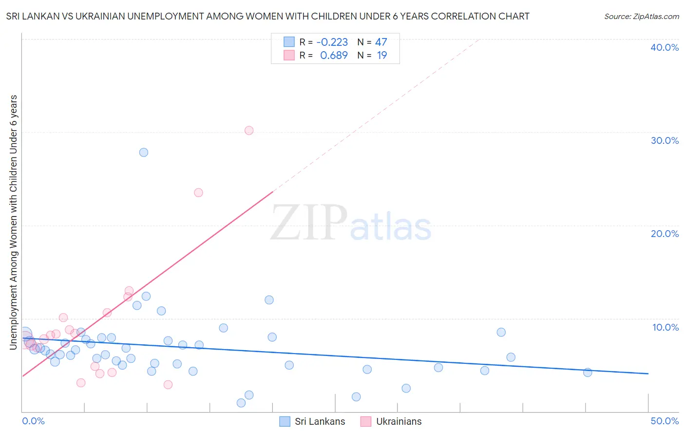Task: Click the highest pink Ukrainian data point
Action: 249,130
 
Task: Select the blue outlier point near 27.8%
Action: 144,152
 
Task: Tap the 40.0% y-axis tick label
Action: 665,47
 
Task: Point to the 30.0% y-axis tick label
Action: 665,140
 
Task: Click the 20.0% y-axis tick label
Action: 665,234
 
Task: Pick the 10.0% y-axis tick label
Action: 666,327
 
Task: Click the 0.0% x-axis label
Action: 33,421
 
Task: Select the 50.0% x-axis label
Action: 665,421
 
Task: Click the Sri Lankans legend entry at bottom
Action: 320,421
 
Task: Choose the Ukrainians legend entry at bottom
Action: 399,421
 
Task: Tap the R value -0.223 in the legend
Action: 332,42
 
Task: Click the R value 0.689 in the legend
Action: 334,56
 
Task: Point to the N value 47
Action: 381,42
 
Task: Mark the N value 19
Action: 382,56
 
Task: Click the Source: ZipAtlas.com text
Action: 641,17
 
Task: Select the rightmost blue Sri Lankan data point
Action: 588,372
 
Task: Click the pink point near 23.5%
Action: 198,193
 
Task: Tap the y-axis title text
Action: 14,222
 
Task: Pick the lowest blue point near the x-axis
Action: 241,403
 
